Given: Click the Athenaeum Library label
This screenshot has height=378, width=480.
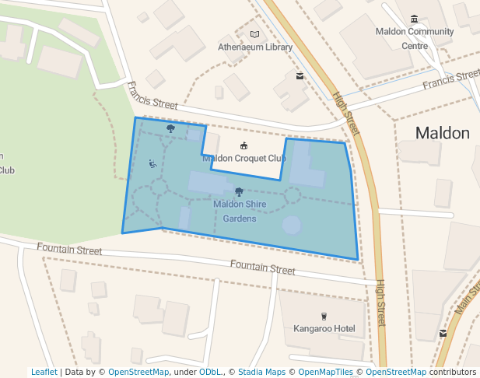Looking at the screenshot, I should [x=255, y=47].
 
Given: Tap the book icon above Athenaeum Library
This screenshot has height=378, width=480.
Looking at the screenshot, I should [x=255, y=34].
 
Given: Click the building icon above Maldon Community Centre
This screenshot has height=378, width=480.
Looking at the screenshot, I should [x=414, y=19].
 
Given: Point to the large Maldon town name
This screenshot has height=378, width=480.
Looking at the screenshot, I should [x=442, y=133].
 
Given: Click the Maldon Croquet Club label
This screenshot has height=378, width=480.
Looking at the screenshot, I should [x=244, y=159].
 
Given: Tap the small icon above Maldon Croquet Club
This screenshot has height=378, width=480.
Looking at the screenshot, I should [x=244, y=146].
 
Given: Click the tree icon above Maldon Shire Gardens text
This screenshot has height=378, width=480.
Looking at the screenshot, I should [x=239, y=191].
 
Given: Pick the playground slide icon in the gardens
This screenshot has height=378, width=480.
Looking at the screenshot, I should [x=152, y=163].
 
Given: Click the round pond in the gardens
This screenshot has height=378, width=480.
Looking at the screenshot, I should [x=291, y=226].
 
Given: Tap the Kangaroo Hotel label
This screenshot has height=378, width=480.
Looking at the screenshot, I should [x=324, y=328].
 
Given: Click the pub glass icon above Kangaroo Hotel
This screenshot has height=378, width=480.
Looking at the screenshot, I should [x=324, y=316].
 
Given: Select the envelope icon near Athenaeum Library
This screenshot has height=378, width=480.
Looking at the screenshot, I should [x=300, y=76].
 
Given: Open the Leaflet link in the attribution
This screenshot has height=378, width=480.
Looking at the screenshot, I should [x=44, y=372].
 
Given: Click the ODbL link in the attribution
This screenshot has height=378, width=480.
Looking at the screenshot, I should [x=209, y=372].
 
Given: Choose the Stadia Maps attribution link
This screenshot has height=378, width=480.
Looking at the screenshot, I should [x=261, y=372].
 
